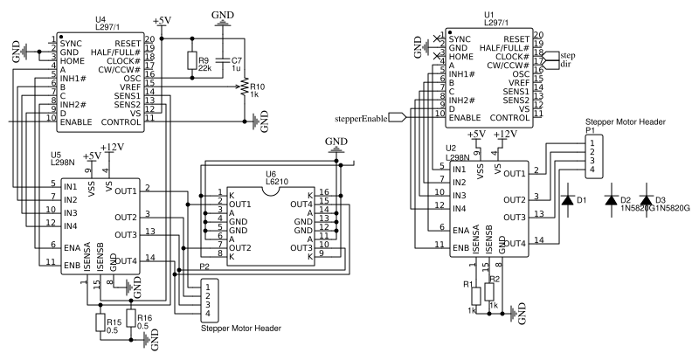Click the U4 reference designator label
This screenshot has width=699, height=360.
coord(100,19)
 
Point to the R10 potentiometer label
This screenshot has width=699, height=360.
coord(256,87)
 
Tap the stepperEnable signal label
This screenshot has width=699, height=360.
coord(361,117)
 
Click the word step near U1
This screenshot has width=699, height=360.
coord(569,54)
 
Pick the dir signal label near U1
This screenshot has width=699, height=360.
coord(566,65)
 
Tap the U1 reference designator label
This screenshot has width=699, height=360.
coord(488,15)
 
